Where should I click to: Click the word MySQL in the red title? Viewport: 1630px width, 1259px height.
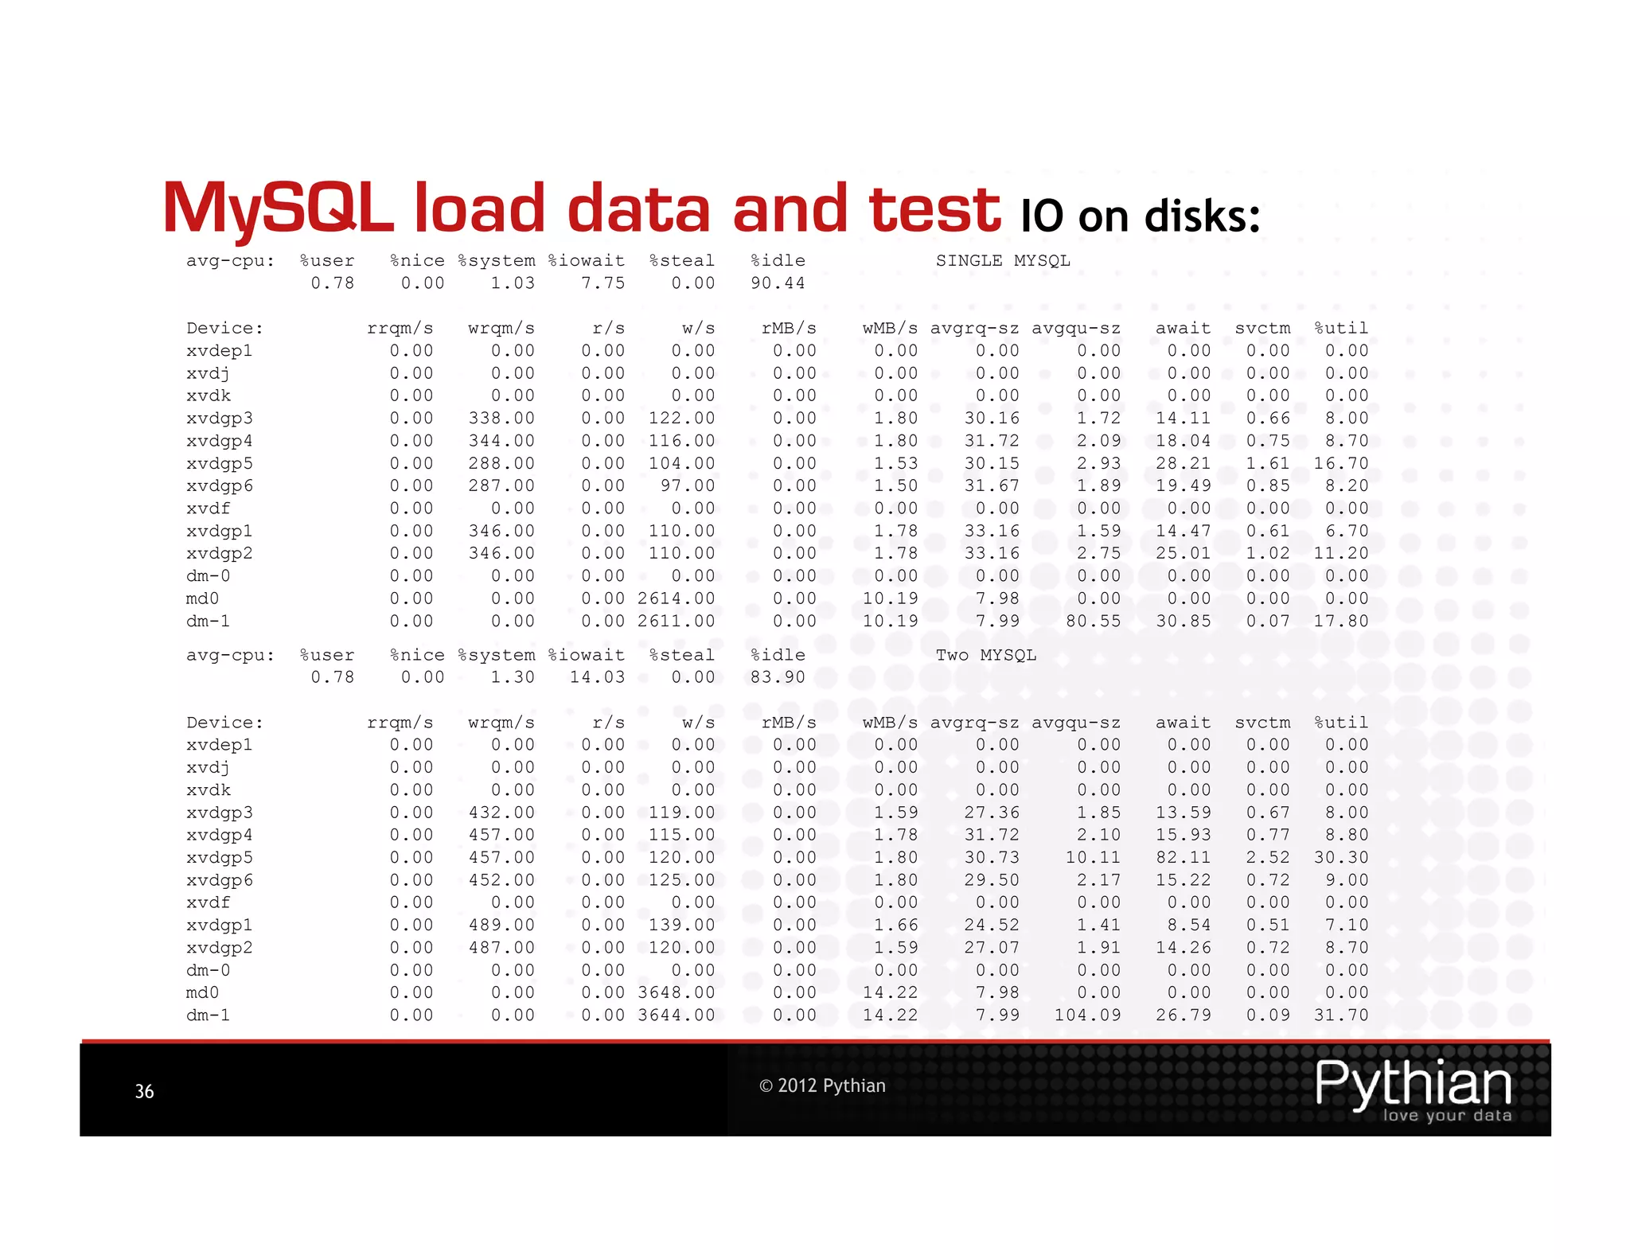278,209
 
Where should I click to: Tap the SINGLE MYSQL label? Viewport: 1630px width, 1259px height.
1002,261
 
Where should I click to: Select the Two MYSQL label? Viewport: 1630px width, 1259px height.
985,655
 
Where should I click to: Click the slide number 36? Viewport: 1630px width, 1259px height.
144,1091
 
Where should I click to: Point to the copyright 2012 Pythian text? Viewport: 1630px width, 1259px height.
822,1086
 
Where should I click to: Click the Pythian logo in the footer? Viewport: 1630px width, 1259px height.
1414,1089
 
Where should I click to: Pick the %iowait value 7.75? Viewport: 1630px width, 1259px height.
602,283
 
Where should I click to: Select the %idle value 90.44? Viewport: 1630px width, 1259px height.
778,283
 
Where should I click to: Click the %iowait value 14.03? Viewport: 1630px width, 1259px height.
597,677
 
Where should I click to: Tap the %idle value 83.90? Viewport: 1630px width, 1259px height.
778,677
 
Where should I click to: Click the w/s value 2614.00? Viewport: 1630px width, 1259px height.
676,598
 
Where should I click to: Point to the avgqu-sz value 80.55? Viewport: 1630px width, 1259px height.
1093,621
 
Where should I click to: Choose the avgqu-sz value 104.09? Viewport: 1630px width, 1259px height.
1087,1015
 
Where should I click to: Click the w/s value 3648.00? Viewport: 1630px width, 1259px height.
676,993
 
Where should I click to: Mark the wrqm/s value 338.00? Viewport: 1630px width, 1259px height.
501,419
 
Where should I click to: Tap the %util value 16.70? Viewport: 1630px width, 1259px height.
1341,463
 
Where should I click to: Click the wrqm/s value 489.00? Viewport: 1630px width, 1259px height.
501,926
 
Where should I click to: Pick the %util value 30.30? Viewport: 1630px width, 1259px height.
1341,858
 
